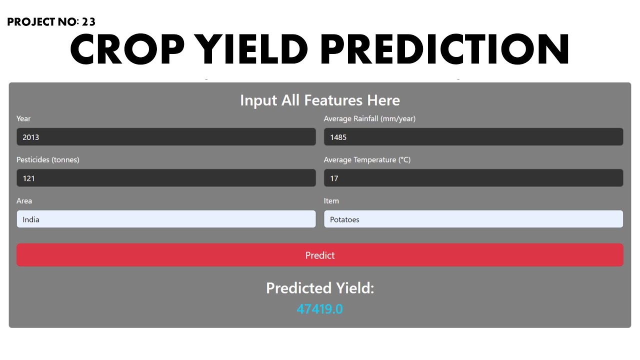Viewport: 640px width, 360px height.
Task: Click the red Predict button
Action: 320,255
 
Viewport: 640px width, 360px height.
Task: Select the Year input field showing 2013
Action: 166,137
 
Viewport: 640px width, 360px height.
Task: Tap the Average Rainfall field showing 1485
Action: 473,137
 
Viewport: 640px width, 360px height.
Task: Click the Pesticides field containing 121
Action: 166,178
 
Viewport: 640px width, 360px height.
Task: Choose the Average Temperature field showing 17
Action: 473,178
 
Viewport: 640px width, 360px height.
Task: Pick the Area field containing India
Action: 166,219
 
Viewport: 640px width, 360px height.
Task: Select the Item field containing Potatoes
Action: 473,219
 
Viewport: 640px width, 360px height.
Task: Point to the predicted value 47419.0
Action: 320,309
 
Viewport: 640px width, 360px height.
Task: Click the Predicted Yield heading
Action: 320,288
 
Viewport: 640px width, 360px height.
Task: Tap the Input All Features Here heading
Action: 320,100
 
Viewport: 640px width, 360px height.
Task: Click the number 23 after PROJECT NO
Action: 88,22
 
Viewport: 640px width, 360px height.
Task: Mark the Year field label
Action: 23,118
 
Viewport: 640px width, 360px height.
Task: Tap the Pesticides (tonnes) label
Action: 48,159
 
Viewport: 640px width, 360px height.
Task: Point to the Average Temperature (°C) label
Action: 367,159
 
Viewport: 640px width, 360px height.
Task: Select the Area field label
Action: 24,200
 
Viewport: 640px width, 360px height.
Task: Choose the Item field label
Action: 331,200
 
